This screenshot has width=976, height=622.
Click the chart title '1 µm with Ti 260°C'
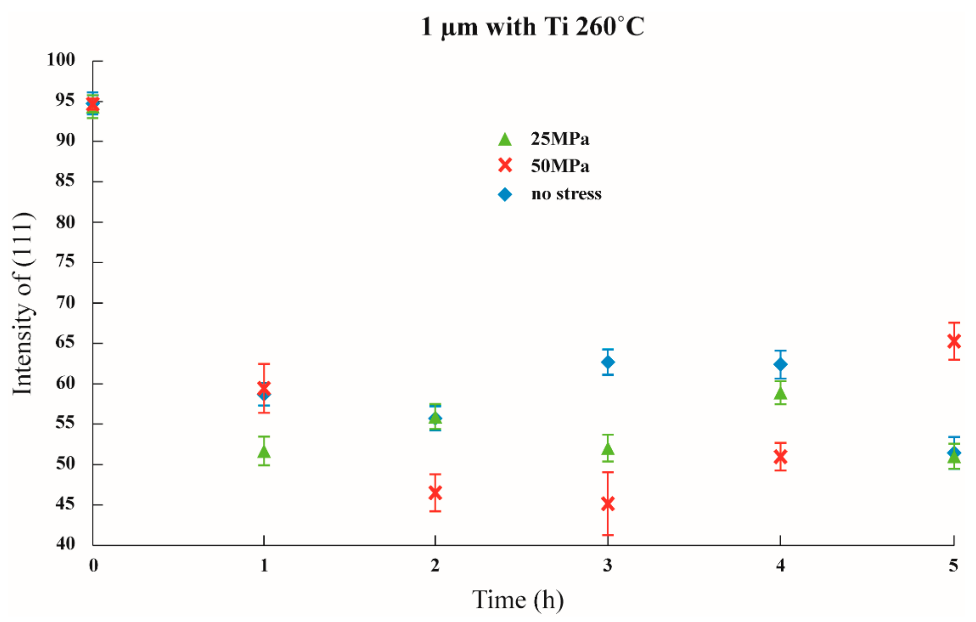click(532, 27)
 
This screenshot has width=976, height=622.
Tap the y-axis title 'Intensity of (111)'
click(23, 303)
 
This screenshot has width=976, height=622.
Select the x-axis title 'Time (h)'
click(518, 600)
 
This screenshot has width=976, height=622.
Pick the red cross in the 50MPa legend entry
click(505, 166)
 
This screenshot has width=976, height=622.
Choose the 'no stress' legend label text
click(566, 194)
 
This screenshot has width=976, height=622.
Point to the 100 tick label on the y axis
click(61, 60)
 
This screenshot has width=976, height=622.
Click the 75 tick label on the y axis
click(65, 261)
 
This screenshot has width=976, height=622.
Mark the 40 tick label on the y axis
click(65, 543)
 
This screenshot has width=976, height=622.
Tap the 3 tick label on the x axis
click(607, 565)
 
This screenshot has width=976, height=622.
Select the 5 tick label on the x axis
click(953, 565)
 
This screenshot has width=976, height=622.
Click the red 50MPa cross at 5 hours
click(954, 341)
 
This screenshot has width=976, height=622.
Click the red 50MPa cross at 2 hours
click(435, 493)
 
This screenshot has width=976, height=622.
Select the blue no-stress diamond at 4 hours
click(780, 364)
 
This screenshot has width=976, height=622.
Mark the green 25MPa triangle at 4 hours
click(780, 393)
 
